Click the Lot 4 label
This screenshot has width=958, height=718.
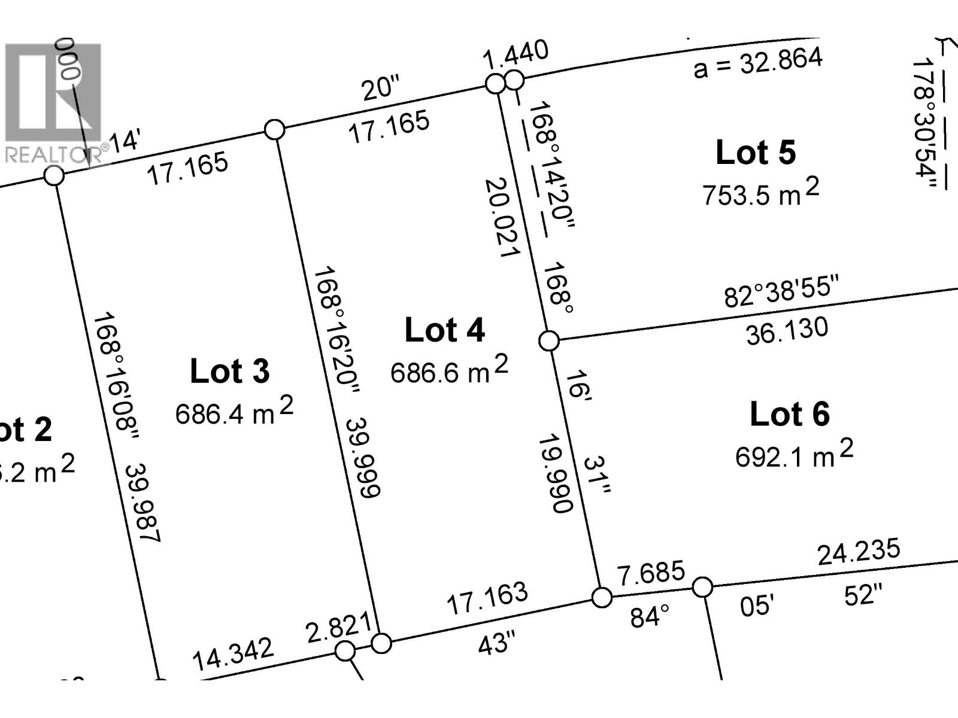click(x=444, y=330)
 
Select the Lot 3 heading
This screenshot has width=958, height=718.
click(x=229, y=371)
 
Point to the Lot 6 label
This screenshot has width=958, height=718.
click(x=789, y=414)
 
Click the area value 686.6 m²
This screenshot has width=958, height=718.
click(x=449, y=370)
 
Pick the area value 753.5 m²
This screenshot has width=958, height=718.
click(x=760, y=193)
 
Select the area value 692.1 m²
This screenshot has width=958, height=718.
click(x=794, y=455)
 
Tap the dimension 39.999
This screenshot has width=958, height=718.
click(x=363, y=457)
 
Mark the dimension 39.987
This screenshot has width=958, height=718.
click(x=143, y=503)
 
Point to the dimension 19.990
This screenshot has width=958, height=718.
click(x=556, y=473)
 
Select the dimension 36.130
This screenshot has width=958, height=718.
click(x=787, y=331)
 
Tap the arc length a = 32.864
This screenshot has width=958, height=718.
click(x=758, y=63)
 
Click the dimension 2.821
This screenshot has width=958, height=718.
click(x=338, y=628)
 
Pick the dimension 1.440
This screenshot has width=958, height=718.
click(x=516, y=53)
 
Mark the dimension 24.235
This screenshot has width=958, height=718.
click(x=859, y=552)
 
